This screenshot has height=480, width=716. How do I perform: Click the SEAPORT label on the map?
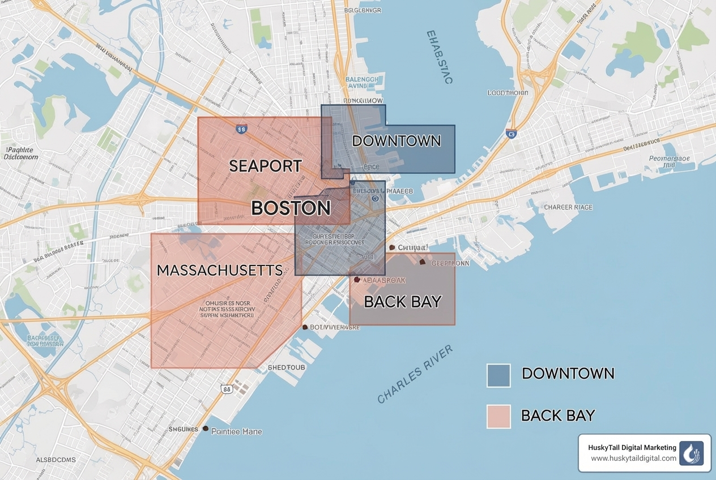click(x=265, y=166)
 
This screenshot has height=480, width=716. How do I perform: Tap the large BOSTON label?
click(x=291, y=208)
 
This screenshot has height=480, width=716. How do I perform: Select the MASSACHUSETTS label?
click(x=219, y=270)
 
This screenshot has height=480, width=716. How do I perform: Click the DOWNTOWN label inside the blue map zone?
click(x=396, y=141)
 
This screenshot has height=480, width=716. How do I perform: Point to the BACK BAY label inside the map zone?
click(x=402, y=302)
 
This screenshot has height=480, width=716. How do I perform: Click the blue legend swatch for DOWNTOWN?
click(x=498, y=375)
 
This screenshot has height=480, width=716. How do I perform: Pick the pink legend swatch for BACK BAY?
click(x=498, y=416)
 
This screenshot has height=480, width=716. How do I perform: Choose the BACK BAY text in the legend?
click(x=557, y=415)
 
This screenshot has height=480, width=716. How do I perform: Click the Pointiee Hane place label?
click(x=236, y=431)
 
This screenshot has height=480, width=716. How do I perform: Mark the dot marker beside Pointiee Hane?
click(x=206, y=428)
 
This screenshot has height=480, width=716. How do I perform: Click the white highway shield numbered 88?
click(x=227, y=389)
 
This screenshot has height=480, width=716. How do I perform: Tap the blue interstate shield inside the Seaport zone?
click(x=241, y=129)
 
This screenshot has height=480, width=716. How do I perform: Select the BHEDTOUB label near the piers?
click(x=286, y=367)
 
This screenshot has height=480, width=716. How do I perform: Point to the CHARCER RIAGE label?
click(x=568, y=207)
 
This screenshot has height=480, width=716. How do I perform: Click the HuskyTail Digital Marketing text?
click(x=632, y=448)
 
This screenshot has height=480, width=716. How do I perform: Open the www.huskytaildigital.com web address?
click(x=633, y=458)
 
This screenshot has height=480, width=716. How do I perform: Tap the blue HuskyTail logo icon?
click(x=691, y=453)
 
